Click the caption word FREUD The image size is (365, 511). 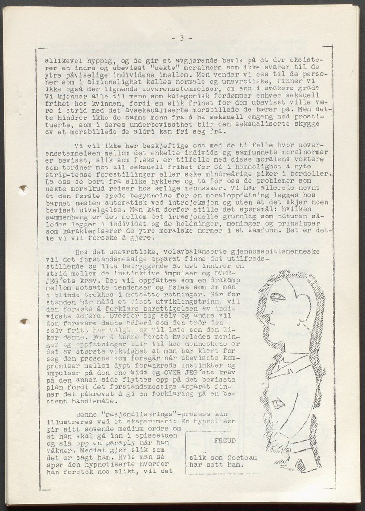(x=225, y=441)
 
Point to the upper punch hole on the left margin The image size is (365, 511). (x=23, y=189)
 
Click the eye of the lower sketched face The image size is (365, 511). (x=279, y=404)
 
